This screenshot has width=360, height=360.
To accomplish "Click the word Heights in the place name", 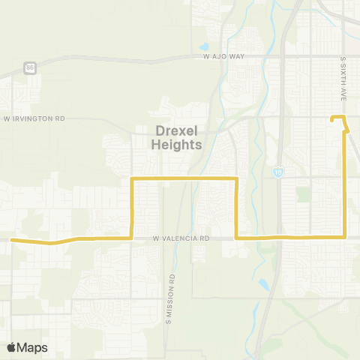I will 176,144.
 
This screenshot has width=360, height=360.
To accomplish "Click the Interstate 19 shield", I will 277,172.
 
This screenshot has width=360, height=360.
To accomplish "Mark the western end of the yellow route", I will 13,240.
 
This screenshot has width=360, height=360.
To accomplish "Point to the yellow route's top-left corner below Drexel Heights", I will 133,178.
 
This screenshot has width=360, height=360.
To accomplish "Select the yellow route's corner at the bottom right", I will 344,237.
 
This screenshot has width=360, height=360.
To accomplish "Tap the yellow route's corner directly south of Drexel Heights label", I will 133,238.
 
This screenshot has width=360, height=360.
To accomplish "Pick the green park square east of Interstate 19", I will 303,193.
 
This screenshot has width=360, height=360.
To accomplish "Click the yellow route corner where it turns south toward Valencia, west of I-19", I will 236,178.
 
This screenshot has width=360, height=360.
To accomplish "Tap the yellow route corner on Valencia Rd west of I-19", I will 236,238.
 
